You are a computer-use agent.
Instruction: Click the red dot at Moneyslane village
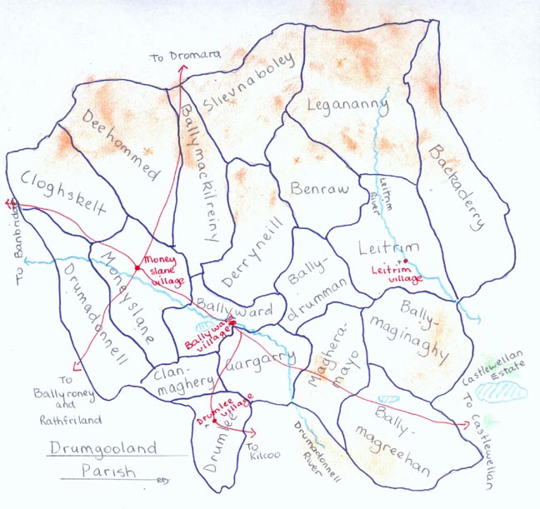coord(137,267)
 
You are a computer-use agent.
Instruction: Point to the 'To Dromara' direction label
coord(185,56)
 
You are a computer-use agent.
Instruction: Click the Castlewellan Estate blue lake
coord(500,390)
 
